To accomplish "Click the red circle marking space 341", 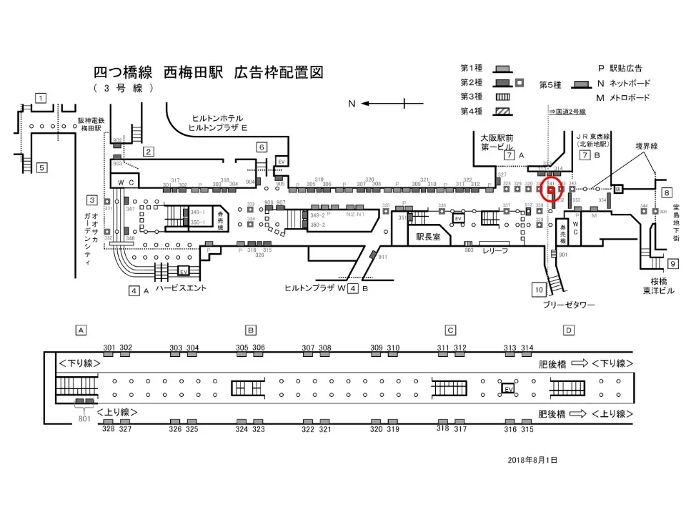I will [x=551, y=190].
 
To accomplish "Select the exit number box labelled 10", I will [x=539, y=289].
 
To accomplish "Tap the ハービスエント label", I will [x=181, y=288].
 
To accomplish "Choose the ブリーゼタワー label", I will [x=568, y=305].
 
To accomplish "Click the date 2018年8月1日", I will [x=532, y=460].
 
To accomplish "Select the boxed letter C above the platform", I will [x=450, y=330].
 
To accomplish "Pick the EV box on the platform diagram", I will [x=508, y=388].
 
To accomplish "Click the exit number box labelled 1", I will [x=41, y=98].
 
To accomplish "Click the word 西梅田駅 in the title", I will [x=194, y=73].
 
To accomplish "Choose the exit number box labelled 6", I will [x=262, y=147].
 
